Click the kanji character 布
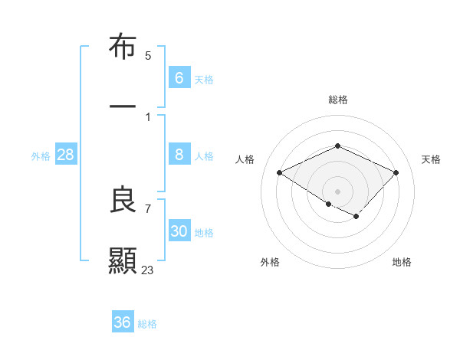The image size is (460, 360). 123,47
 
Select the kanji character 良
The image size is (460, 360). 123,200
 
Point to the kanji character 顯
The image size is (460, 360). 123,260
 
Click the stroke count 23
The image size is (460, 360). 148,270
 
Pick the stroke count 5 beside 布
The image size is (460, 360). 148,56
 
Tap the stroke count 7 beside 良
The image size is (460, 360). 148,208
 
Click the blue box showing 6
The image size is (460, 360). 179,77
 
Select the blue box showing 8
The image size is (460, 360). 179,155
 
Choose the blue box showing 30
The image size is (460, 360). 179,231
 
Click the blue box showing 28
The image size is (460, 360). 66,155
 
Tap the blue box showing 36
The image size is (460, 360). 123,322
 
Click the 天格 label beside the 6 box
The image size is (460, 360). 204,79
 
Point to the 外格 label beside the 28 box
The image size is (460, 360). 41,156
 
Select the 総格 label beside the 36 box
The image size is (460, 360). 147,324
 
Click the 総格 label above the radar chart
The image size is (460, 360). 337,100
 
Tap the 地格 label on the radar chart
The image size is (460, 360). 402,262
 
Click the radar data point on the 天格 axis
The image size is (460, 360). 396,172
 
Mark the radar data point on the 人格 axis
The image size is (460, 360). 280,172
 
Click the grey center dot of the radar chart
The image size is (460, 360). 337,191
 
